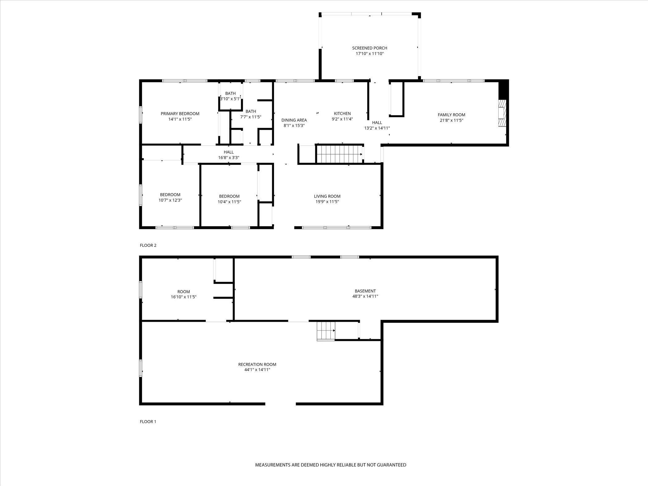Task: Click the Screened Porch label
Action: [x=370, y=48]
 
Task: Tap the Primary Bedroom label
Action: [x=180, y=114]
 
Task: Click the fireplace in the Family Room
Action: [x=502, y=113]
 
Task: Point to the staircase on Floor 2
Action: [x=339, y=154]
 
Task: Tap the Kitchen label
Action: [x=342, y=114]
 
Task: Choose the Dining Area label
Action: [x=294, y=120]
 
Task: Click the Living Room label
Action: [x=327, y=196]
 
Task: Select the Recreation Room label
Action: [x=257, y=364]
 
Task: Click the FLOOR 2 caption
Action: [x=148, y=246]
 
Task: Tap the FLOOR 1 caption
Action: [x=148, y=422]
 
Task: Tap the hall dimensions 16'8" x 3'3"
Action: [x=229, y=158]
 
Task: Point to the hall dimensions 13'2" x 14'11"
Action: [x=377, y=128]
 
